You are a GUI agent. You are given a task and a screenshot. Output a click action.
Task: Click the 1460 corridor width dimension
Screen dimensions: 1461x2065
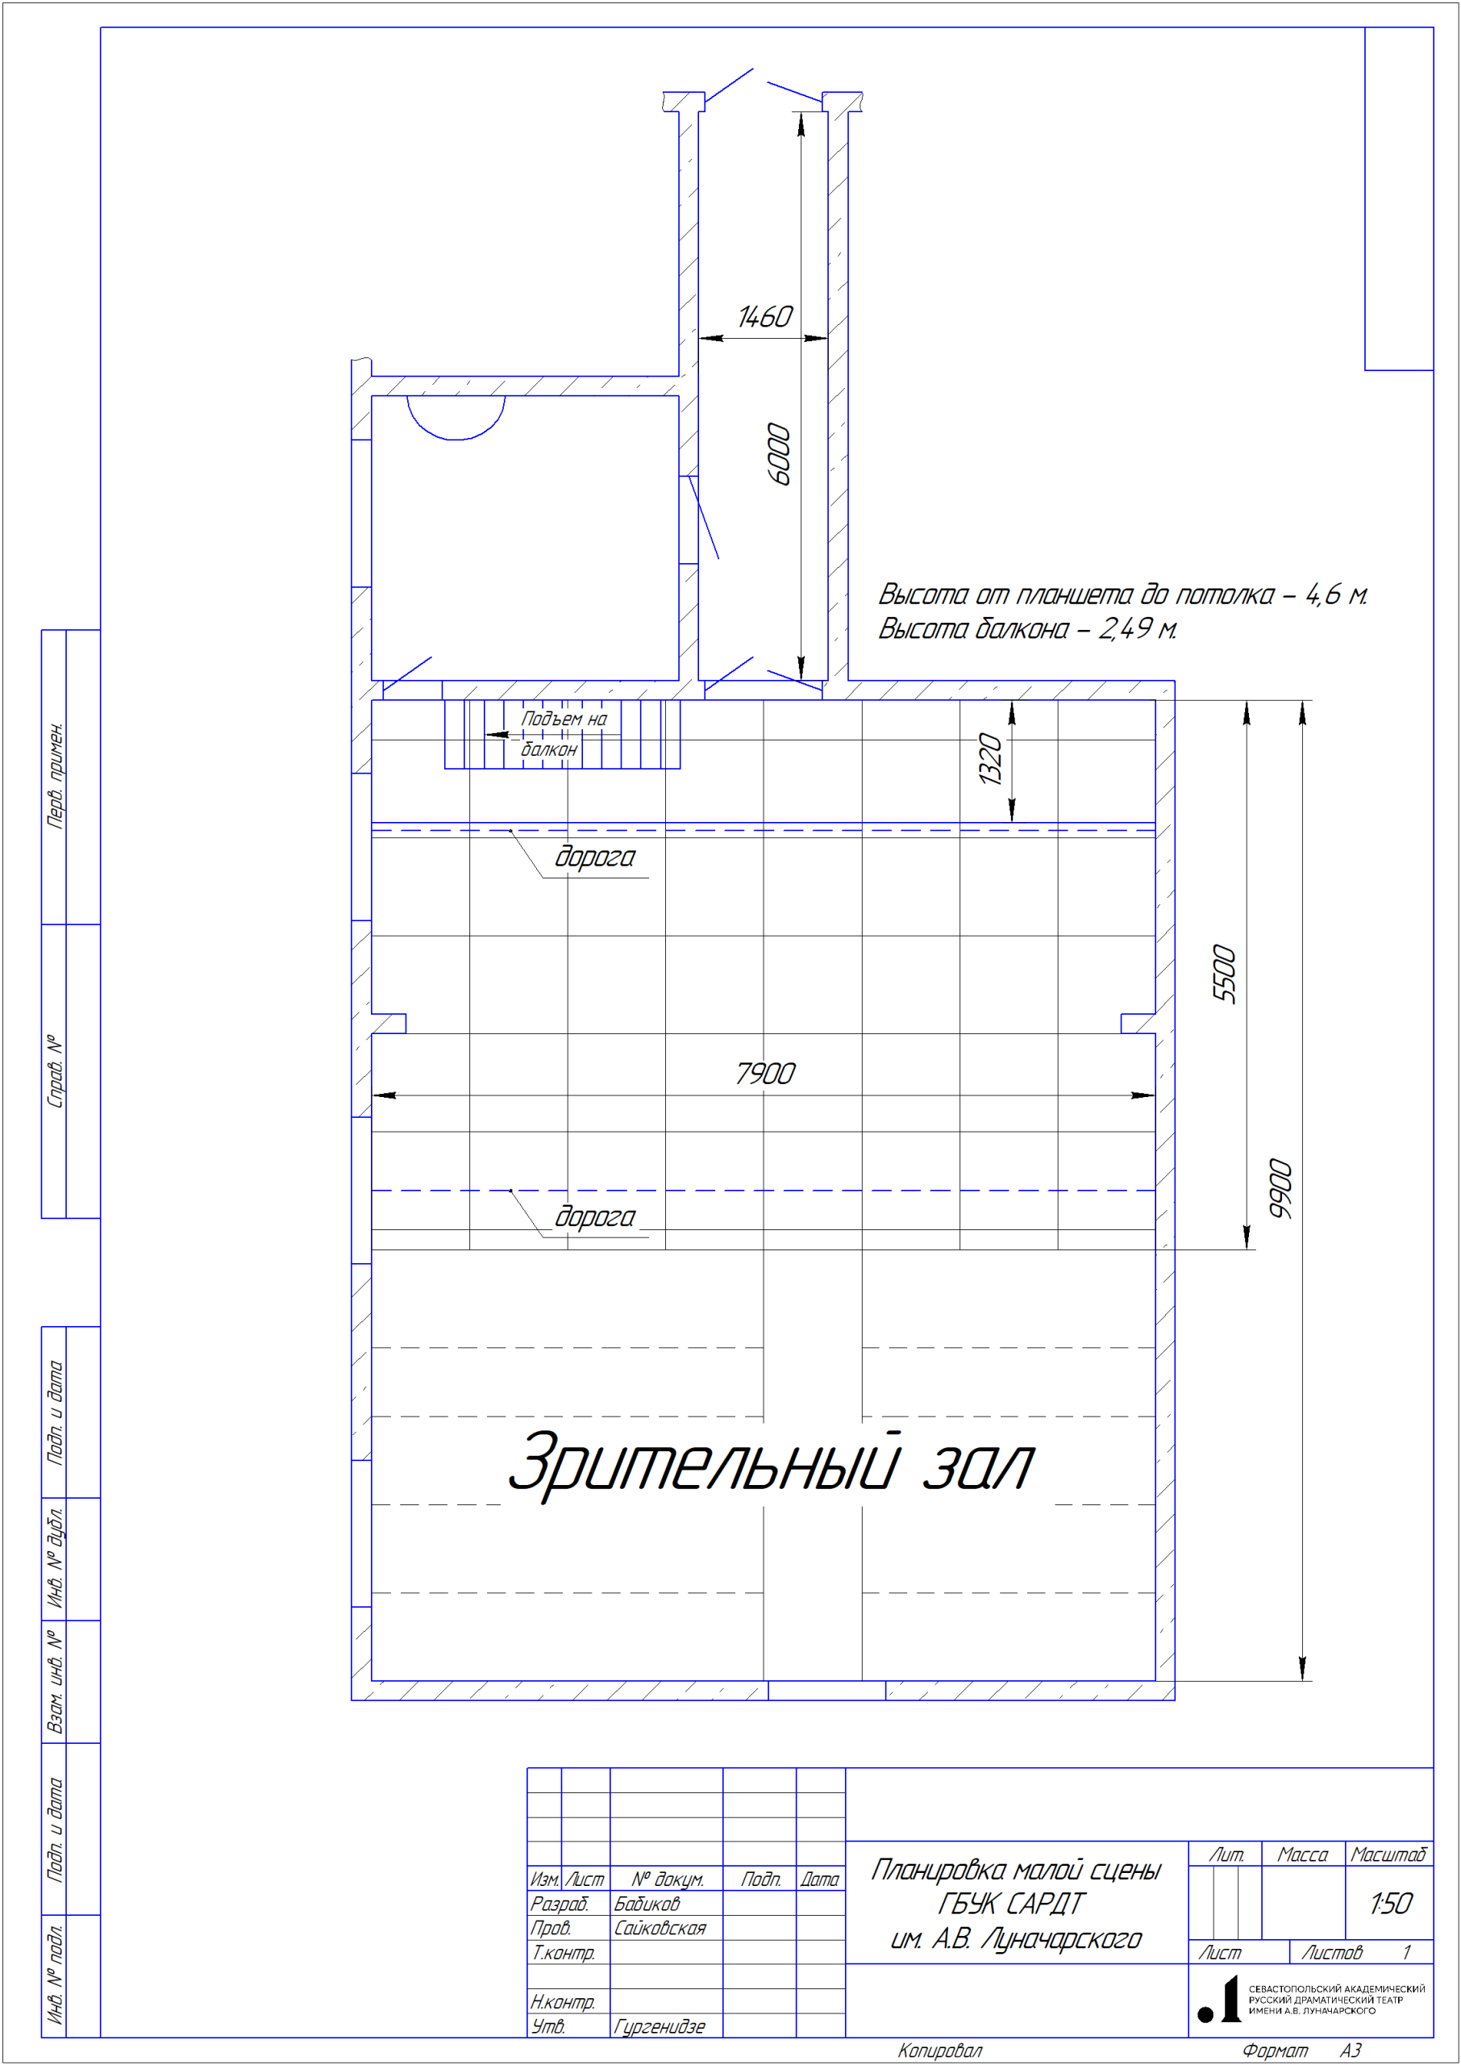pyautogui.click(x=764, y=317)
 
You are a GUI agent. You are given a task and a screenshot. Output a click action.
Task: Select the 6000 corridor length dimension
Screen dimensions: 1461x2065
pyautogui.click(x=779, y=453)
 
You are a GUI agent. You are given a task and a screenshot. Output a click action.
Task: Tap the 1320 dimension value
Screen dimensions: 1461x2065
pyautogui.click(x=989, y=759)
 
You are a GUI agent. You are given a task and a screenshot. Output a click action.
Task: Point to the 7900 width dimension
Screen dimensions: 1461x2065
pyautogui.click(x=764, y=1074)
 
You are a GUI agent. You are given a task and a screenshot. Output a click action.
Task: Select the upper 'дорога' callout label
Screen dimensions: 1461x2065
pyautogui.click(x=595, y=857)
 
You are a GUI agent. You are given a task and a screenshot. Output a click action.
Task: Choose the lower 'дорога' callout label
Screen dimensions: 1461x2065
pyautogui.click(x=595, y=1216)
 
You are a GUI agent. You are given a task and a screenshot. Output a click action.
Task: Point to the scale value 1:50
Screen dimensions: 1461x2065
pyautogui.click(x=1391, y=1904)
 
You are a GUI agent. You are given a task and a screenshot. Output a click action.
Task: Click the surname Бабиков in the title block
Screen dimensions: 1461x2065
pyautogui.click(x=647, y=1903)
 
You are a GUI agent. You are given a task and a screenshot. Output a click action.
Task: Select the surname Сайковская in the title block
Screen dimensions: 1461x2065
pyautogui.click(x=660, y=1927)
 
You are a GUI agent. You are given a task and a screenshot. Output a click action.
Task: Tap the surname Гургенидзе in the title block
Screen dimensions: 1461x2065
pyautogui.click(x=660, y=2026)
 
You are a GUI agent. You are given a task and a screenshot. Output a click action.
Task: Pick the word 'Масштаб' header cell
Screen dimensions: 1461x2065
pyautogui.click(x=1388, y=1854)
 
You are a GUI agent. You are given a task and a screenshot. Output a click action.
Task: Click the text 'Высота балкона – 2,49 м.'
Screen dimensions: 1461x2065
pyautogui.click(x=1027, y=628)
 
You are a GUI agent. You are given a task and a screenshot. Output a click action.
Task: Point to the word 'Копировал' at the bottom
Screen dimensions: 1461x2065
pyautogui.click(x=940, y=2050)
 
